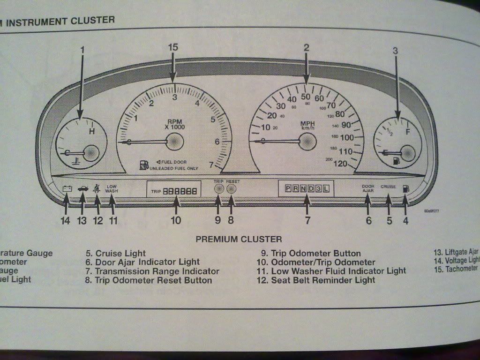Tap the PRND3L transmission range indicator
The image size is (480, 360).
click(306, 189)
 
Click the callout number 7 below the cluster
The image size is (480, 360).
click(307, 219)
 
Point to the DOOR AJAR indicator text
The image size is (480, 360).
click(368, 188)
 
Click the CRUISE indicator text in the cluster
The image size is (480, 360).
click(389, 187)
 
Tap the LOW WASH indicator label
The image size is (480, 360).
click(112, 188)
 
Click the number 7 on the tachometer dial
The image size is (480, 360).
click(211, 164)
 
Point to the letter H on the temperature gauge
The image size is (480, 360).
click(92, 131)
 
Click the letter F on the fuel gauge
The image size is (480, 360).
click(407, 131)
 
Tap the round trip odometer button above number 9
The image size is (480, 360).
click(218, 189)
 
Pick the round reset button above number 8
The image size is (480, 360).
click(231, 189)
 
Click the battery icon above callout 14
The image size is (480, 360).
click(67, 189)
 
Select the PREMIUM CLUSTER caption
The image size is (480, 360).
click(239, 239)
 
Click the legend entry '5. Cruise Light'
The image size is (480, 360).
click(115, 254)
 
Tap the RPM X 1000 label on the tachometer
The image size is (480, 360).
click(174, 124)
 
